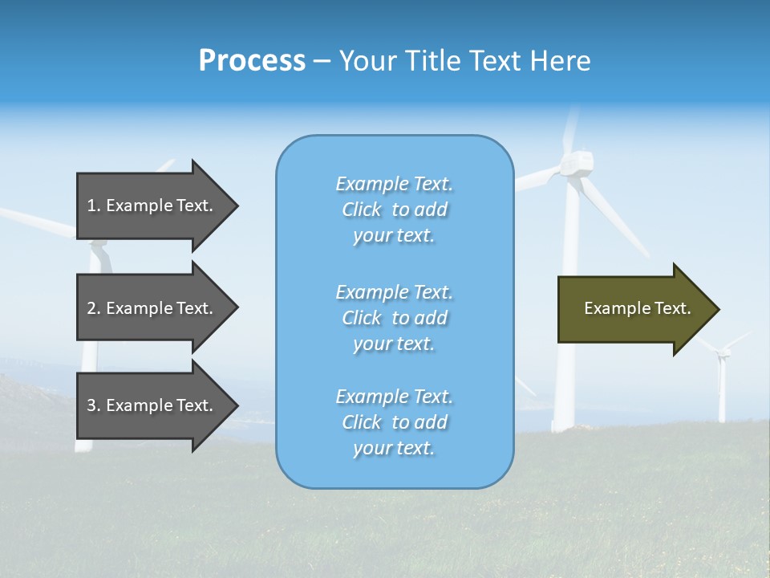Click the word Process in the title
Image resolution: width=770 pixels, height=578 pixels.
click(x=252, y=61)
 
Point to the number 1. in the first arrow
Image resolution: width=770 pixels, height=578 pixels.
click(x=94, y=206)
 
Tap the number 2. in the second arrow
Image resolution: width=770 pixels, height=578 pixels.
click(x=94, y=308)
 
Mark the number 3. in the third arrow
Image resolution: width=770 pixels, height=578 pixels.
click(x=94, y=405)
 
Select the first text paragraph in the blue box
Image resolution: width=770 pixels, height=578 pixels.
click(x=394, y=210)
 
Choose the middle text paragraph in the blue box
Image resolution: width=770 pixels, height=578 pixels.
click(x=394, y=318)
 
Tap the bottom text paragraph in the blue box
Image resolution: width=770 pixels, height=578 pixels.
click(x=394, y=422)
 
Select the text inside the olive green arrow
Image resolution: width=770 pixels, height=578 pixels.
click(x=638, y=308)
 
